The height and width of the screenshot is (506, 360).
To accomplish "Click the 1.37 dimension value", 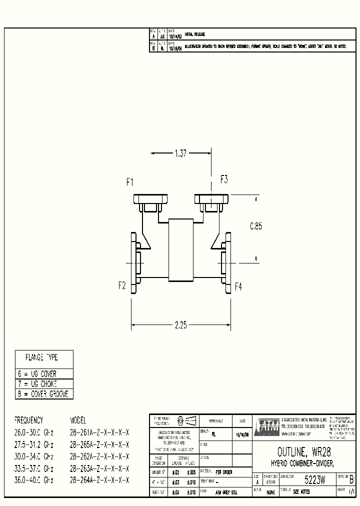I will coord(180,154).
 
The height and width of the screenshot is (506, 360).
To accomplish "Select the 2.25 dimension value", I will coord(180,325).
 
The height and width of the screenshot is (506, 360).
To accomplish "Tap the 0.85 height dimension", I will coord(256,226).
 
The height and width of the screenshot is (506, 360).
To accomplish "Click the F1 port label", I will coord(130,182).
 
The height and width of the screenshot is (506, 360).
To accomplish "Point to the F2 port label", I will coord(122,286).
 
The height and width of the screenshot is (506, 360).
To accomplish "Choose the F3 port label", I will coord(224,179).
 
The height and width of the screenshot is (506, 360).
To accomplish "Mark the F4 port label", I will coord(238,286).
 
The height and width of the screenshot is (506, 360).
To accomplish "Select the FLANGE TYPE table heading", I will coord(42,358).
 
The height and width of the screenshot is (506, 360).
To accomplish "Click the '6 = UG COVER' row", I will coord(38,374).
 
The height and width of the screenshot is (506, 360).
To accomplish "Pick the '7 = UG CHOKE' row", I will coord(38,384).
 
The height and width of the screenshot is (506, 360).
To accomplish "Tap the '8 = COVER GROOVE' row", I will coord(42,394).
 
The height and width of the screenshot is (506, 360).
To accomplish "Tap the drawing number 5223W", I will coord(315,480).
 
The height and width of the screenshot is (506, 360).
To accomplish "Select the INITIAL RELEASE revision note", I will coord(195,34).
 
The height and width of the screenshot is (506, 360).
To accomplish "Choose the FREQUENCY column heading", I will coord(29,420).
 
